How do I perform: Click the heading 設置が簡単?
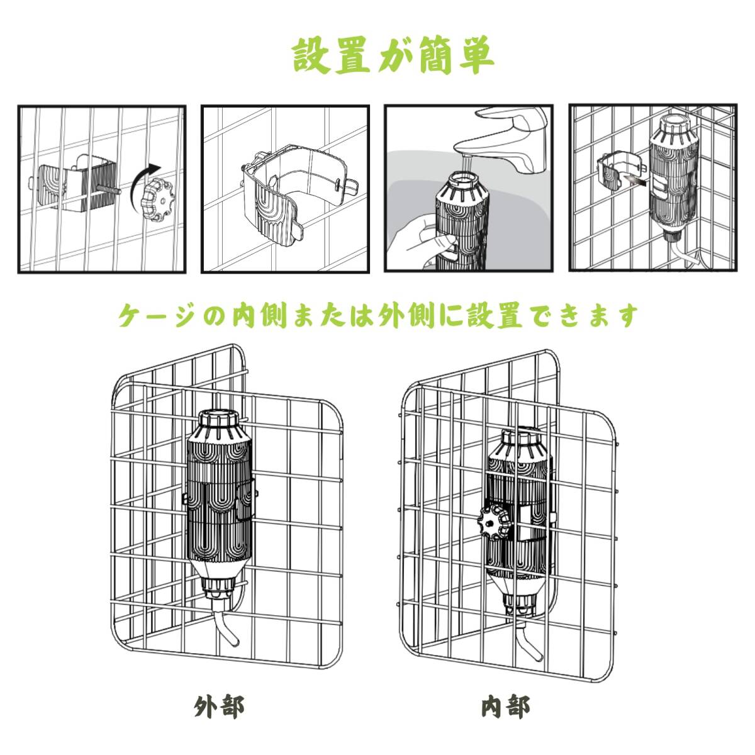(x=393, y=56)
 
